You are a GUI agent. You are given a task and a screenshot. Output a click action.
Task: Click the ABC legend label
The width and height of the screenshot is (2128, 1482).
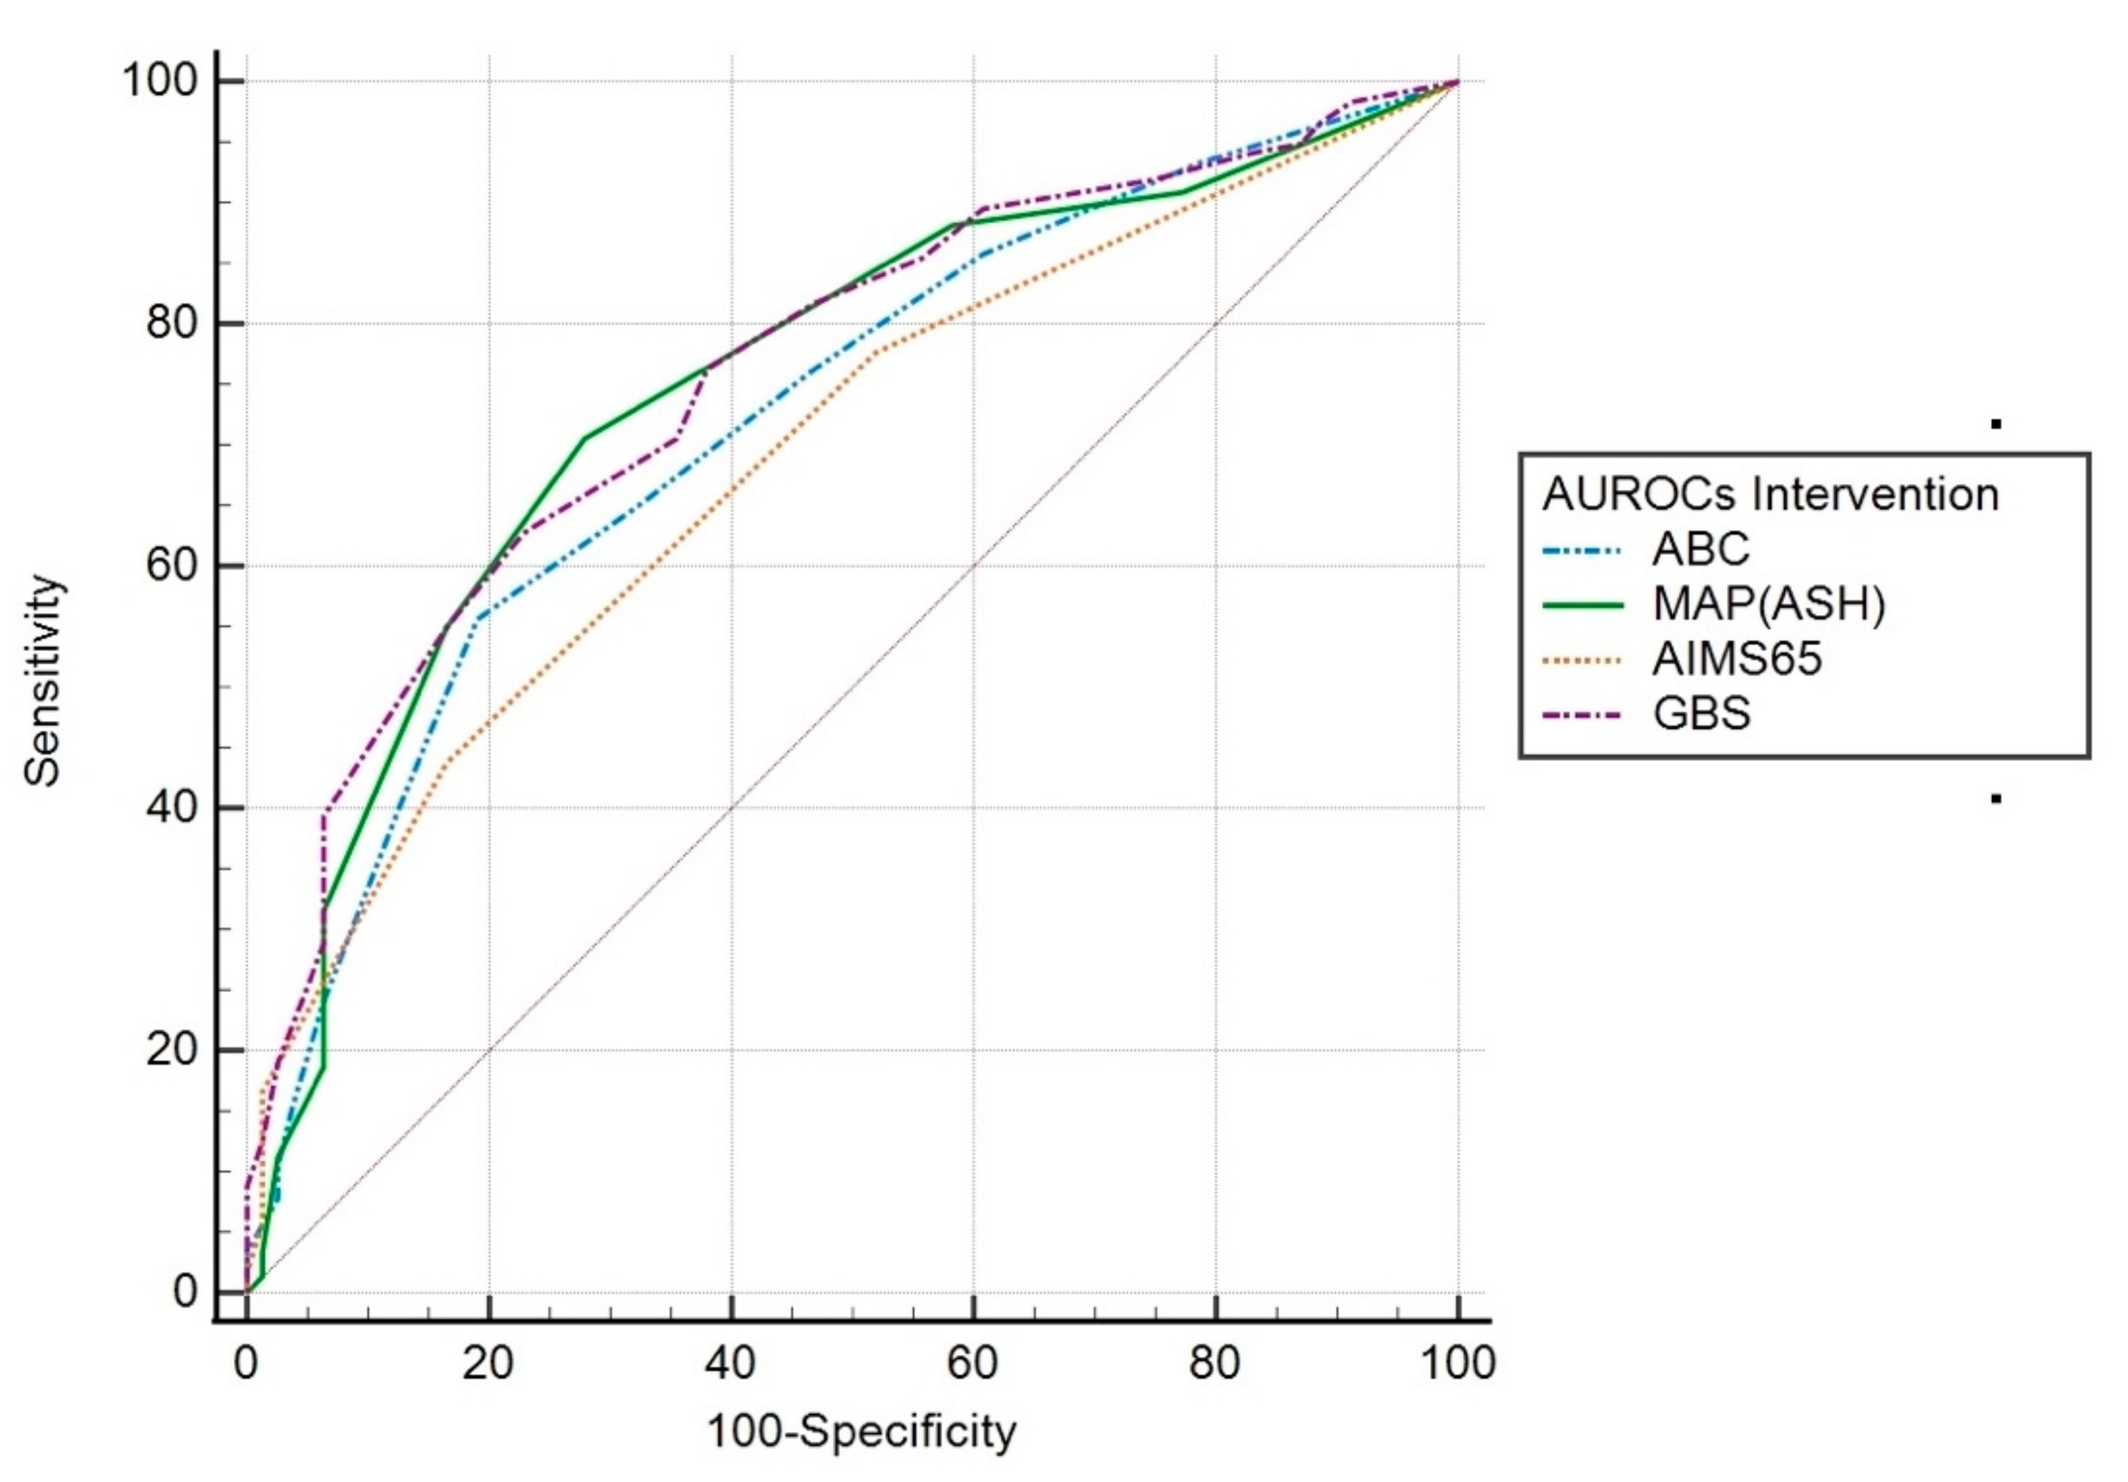coord(1700,549)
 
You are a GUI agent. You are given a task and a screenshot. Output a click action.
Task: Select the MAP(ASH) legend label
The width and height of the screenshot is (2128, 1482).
coord(1768,604)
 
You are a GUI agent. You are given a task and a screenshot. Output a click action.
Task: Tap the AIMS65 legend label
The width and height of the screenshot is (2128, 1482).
coord(1737,659)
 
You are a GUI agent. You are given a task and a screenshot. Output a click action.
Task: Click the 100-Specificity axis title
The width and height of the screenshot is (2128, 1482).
coord(861,1431)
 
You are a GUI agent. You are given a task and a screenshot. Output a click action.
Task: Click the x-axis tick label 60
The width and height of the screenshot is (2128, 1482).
coord(972,1363)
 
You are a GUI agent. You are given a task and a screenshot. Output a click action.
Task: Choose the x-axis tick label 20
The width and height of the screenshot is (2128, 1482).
coord(488,1363)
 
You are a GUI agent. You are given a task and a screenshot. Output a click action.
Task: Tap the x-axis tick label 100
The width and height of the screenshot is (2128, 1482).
coord(1457,1363)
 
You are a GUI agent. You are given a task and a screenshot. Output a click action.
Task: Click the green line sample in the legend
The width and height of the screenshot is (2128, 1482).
coord(1582,605)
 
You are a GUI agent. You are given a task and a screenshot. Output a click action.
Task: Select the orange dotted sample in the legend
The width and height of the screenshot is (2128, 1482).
coord(1582,660)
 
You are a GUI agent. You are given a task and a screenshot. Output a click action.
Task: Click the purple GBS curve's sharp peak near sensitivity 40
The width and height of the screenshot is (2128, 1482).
coord(325,812)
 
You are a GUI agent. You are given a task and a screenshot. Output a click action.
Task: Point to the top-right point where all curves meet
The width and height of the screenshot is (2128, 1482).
coord(1457,82)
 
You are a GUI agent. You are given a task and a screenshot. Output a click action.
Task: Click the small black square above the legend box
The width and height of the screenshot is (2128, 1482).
coord(1996,424)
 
